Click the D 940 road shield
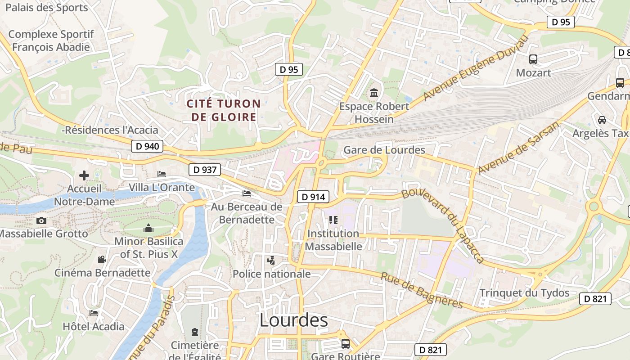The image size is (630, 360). (x=148, y=146)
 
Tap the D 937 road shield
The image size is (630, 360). (x=205, y=170)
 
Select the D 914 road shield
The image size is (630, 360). (x=313, y=197)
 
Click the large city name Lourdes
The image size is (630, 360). (x=294, y=320)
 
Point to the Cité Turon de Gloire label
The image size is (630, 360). (x=224, y=110)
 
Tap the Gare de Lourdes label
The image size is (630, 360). (x=384, y=150)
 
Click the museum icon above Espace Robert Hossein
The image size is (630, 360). (x=374, y=93)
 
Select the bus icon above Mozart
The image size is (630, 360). (x=533, y=59)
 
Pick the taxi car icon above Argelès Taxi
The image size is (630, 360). (x=602, y=120)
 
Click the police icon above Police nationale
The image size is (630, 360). (x=271, y=260)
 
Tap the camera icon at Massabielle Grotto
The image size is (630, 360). (x=41, y=220)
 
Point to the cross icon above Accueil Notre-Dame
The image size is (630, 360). (x=84, y=175)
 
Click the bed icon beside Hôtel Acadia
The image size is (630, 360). (x=94, y=313)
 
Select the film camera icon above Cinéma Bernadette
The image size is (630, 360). (x=102, y=259)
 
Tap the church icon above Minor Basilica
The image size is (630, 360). (x=148, y=229)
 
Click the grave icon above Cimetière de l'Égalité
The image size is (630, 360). (x=195, y=333)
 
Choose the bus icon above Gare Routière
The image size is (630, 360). (x=346, y=344)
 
